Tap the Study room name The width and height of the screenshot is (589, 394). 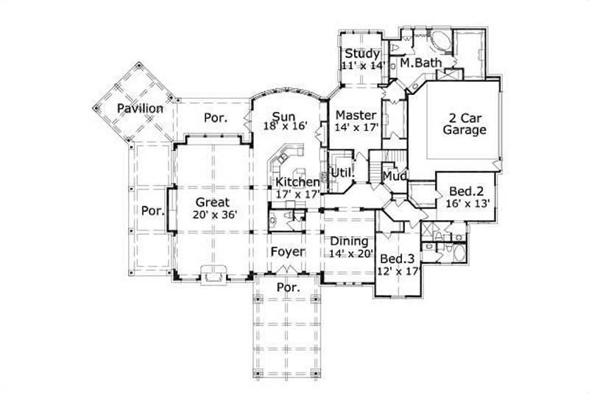(362, 54)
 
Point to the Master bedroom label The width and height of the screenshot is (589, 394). (356, 116)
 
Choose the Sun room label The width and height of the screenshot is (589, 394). (283, 116)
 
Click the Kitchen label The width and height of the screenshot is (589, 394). (297, 182)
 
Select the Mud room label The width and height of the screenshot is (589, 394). (393, 177)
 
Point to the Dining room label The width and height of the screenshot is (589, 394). (345, 241)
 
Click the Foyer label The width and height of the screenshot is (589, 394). (287, 252)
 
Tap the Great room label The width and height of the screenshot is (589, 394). (213, 202)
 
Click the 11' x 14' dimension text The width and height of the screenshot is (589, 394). (362, 66)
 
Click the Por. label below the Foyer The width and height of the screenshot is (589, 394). (287, 287)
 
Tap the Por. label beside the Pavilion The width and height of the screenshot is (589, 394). (215, 117)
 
